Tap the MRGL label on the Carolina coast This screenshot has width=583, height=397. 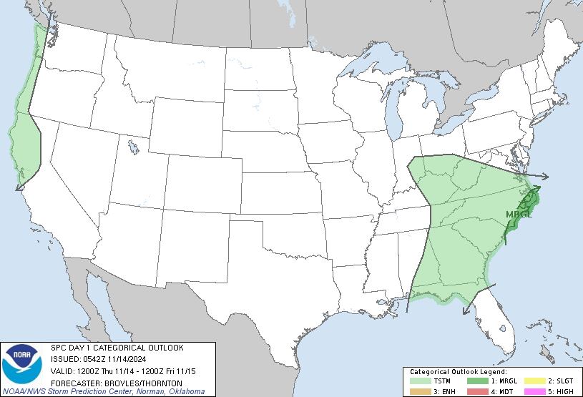tap(519, 214)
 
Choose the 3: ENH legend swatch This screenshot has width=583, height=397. tap(422, 391)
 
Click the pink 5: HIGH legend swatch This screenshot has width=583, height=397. tap(534, 391)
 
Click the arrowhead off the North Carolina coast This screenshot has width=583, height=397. tap(545, 177)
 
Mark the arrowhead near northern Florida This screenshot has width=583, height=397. tap(466, 309)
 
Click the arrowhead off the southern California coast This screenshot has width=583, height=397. tap(19, 187)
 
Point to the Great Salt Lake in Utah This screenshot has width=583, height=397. tap(134, 147)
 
